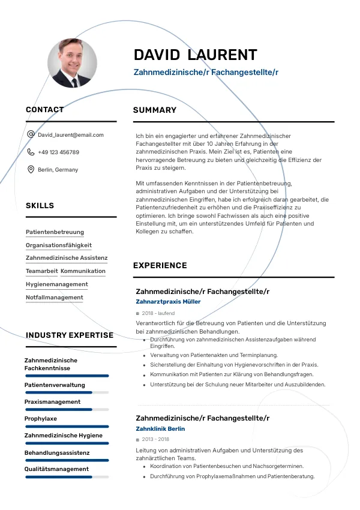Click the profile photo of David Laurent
(72, 63)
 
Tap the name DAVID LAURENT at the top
(195, 55)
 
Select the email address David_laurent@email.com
(71, 135)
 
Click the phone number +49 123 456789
(58, 152)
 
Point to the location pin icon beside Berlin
(31, 169)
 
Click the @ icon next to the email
(31, 134)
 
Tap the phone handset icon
(31, 152)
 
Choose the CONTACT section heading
(44, 110)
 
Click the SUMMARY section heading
(155, 110)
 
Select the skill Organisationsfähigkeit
(59, 245)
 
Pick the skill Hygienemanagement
(57, 284)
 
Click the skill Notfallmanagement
(55, 298)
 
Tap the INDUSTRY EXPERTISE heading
(70, 335)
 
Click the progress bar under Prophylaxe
(67, 426)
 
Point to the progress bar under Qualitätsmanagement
(67, 477)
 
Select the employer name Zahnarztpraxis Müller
(169, 302)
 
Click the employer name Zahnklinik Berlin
(160, 429)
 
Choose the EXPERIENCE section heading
(160, 266)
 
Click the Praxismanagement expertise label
(52, 402)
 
